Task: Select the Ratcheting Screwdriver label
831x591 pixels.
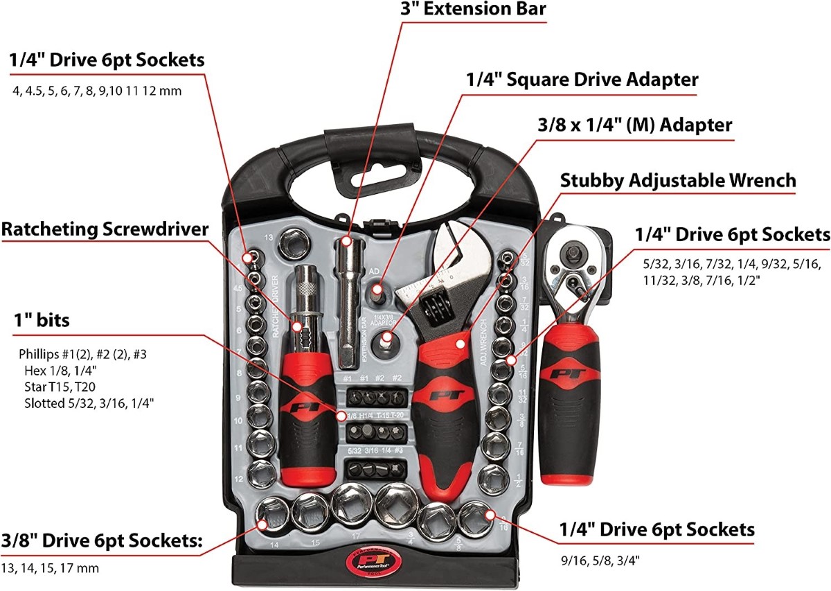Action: coord(105,229)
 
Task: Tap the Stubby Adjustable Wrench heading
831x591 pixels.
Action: coord(678,181)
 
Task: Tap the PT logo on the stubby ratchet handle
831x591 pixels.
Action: coord(569,374)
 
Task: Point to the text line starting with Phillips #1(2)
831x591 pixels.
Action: coord(82,354)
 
